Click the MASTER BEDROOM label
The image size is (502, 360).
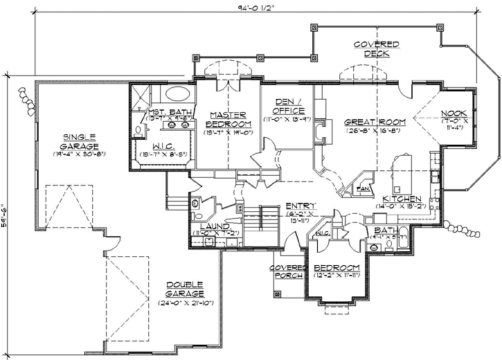point(226,118)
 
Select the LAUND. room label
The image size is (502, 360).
point(213,226)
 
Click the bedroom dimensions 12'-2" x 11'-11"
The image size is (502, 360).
point(337,276)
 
